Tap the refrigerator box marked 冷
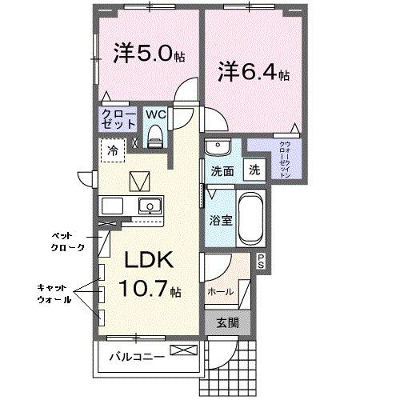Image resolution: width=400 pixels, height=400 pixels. click(x=113, y=150)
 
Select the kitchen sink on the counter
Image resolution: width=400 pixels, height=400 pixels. click(x=148, y=206)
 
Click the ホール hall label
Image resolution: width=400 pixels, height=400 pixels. click(x=221, y=292)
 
